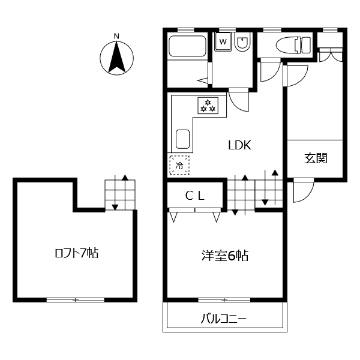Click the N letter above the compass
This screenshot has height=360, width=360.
coord(116,36)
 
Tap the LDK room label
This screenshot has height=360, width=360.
coord(239,145)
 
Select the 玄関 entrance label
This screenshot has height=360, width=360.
coord(316,158)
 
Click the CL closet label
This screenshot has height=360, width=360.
coord(194,196)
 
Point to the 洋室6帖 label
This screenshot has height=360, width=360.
coord(225,255)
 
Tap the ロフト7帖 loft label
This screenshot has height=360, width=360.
coord(77,253)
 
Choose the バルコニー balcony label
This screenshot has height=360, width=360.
coord(224,319)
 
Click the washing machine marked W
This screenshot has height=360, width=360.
coord(223,41)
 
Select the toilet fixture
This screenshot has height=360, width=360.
coord(293,45)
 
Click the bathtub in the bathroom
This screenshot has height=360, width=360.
coord(187,46)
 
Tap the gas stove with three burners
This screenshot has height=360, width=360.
coord(208,106)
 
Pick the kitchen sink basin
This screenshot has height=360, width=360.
coord(182,139)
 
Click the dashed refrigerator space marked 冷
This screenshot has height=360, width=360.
coord(179,165)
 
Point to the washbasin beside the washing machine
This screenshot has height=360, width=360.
coord(242,42)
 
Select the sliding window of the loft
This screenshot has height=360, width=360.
coord(76,299)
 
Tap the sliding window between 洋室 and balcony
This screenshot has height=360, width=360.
coord(224,299)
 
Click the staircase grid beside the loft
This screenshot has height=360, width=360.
coord(120,194)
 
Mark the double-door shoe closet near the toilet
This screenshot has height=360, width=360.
coord(330,55)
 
